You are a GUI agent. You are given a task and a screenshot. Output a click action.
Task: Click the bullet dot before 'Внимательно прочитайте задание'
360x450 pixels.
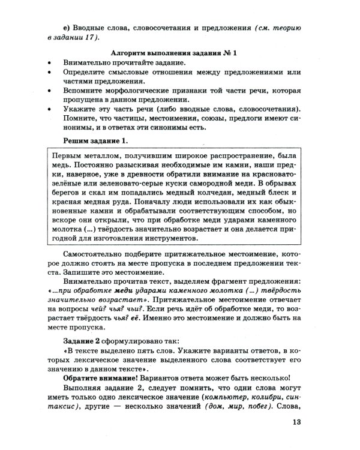tap(46, 63)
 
